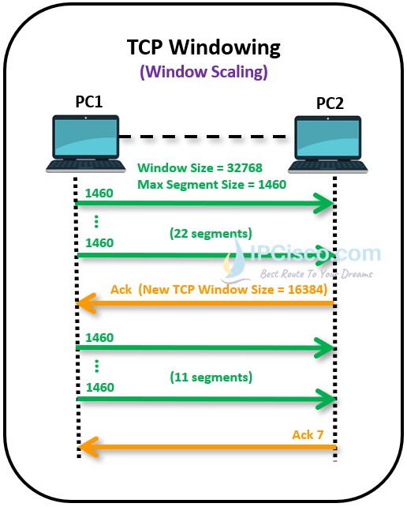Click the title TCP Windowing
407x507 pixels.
[203, 47]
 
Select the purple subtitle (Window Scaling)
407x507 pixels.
[203, 72]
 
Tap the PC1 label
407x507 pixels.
[88, 103]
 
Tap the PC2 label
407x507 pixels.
[330, 103]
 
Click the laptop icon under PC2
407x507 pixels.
[330, 143]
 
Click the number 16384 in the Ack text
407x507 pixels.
[299, 289]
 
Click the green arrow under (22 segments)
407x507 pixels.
[205, 254]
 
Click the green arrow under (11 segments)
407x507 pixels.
[205, 400]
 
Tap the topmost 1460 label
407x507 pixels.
[99, 192]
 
